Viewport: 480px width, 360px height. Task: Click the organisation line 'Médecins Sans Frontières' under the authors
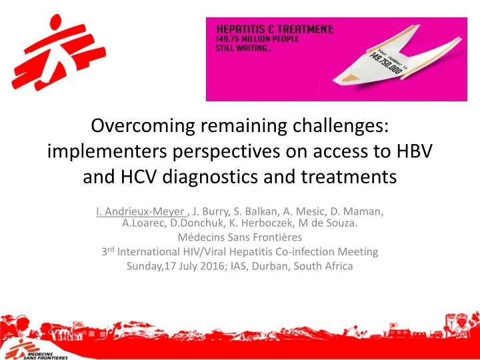239,237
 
